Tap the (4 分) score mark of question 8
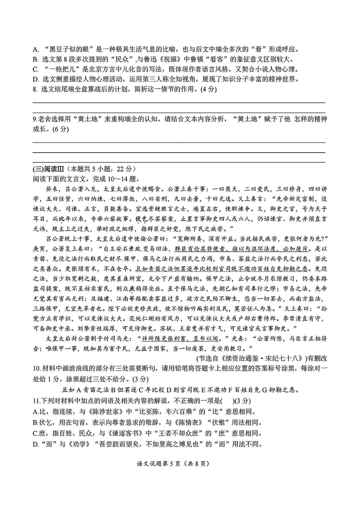pyautogui.click(x=207, y=89)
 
